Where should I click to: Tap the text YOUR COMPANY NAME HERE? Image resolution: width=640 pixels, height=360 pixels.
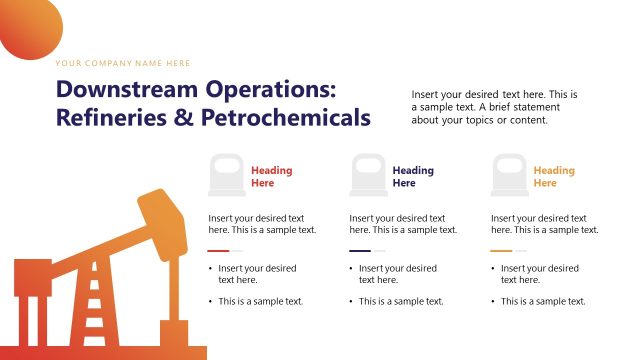[122, 62]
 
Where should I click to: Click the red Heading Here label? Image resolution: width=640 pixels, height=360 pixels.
[271, 177]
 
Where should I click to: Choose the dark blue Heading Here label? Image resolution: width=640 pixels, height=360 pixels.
[413, 177]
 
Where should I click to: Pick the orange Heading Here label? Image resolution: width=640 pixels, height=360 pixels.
[554, 177]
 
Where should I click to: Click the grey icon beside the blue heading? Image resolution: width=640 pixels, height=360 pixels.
[367, 175]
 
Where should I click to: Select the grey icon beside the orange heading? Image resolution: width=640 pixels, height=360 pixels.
[509, 175]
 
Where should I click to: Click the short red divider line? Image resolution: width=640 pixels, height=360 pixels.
[219, 251]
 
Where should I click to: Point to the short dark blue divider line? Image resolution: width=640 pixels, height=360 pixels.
[360, 251]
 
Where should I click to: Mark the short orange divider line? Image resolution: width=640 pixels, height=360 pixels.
[502, 251]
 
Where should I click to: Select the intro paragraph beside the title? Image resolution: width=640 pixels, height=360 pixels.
[494, 107]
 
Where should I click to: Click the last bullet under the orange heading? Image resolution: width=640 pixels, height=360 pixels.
[543, 301]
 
